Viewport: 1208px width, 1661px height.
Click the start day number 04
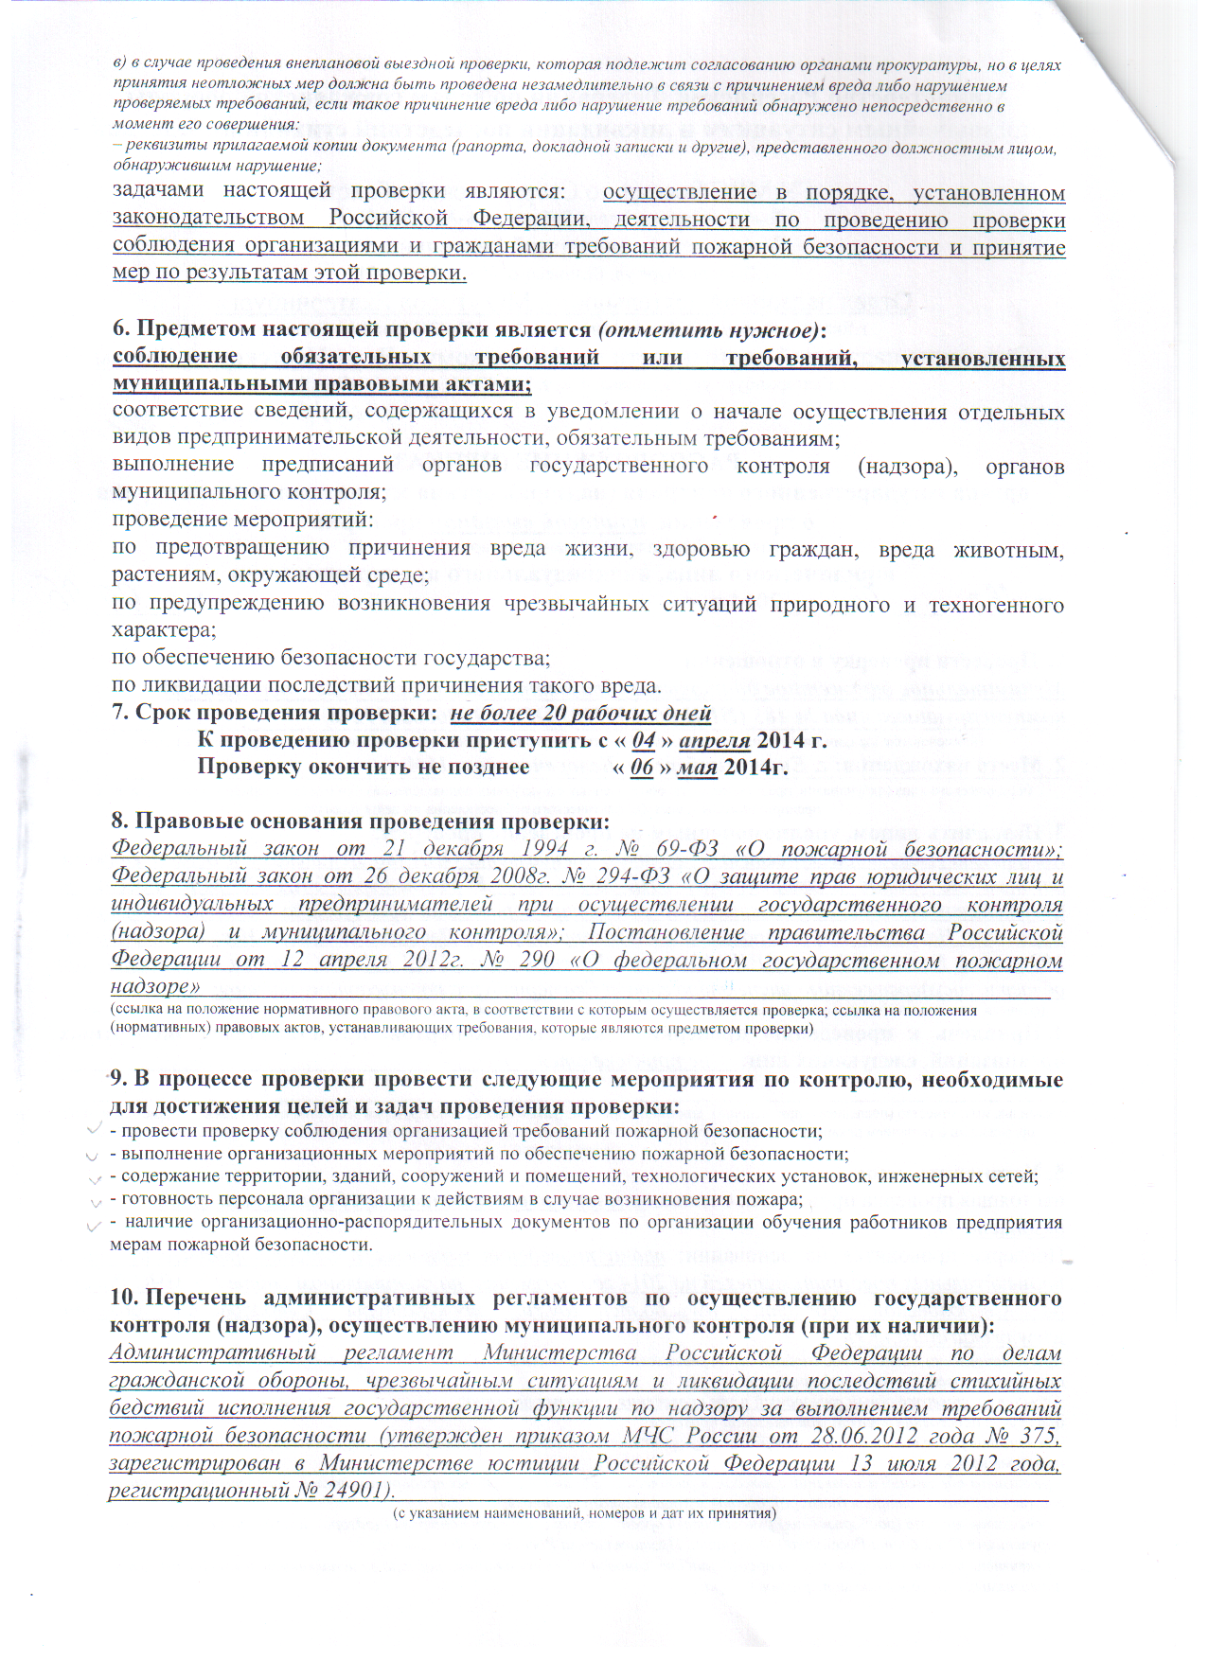coord(644,740)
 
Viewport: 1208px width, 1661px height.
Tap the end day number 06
coord(642,768)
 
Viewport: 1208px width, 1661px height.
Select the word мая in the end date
coord(697,768)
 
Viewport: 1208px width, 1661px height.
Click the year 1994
coord(543,849)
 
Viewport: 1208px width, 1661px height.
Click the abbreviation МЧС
coord(648,1436)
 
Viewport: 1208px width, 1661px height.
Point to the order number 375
coord(1038,1436)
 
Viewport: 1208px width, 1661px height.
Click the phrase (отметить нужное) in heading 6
coord(709,329)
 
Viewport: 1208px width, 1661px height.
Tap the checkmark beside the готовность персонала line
coord(95,1201)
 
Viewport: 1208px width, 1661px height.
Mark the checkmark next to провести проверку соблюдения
coord(94,1129)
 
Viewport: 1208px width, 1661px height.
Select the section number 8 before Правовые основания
coord(117,821)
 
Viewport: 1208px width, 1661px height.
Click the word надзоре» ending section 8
coord(154,987)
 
